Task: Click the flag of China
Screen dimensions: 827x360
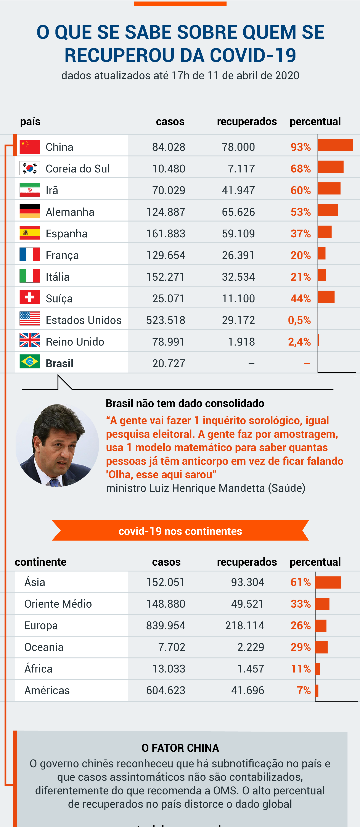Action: pos(29,147)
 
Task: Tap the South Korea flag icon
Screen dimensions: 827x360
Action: pos(29,168)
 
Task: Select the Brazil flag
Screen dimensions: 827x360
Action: pos(29,362)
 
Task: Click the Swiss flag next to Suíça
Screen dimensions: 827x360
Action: pos(29,297)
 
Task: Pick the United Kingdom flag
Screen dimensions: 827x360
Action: pos(29,340)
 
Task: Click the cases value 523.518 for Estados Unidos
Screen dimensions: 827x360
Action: pos(166,320)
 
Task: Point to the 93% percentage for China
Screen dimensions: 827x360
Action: pos(300,147)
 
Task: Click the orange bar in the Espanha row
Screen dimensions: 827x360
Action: pos(325,232)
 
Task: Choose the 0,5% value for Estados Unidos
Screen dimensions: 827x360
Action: pos(299,320)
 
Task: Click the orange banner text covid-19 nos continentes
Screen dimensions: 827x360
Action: pos(180,531)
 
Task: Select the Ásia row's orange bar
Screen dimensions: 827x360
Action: pos(328,582)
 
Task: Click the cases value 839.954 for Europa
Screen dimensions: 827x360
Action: pos(166,625)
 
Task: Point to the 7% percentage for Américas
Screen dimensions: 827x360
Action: pos(304,690)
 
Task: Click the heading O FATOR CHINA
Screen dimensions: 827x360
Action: pos(180,748)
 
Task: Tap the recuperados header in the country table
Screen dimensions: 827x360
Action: pos(246,121)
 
